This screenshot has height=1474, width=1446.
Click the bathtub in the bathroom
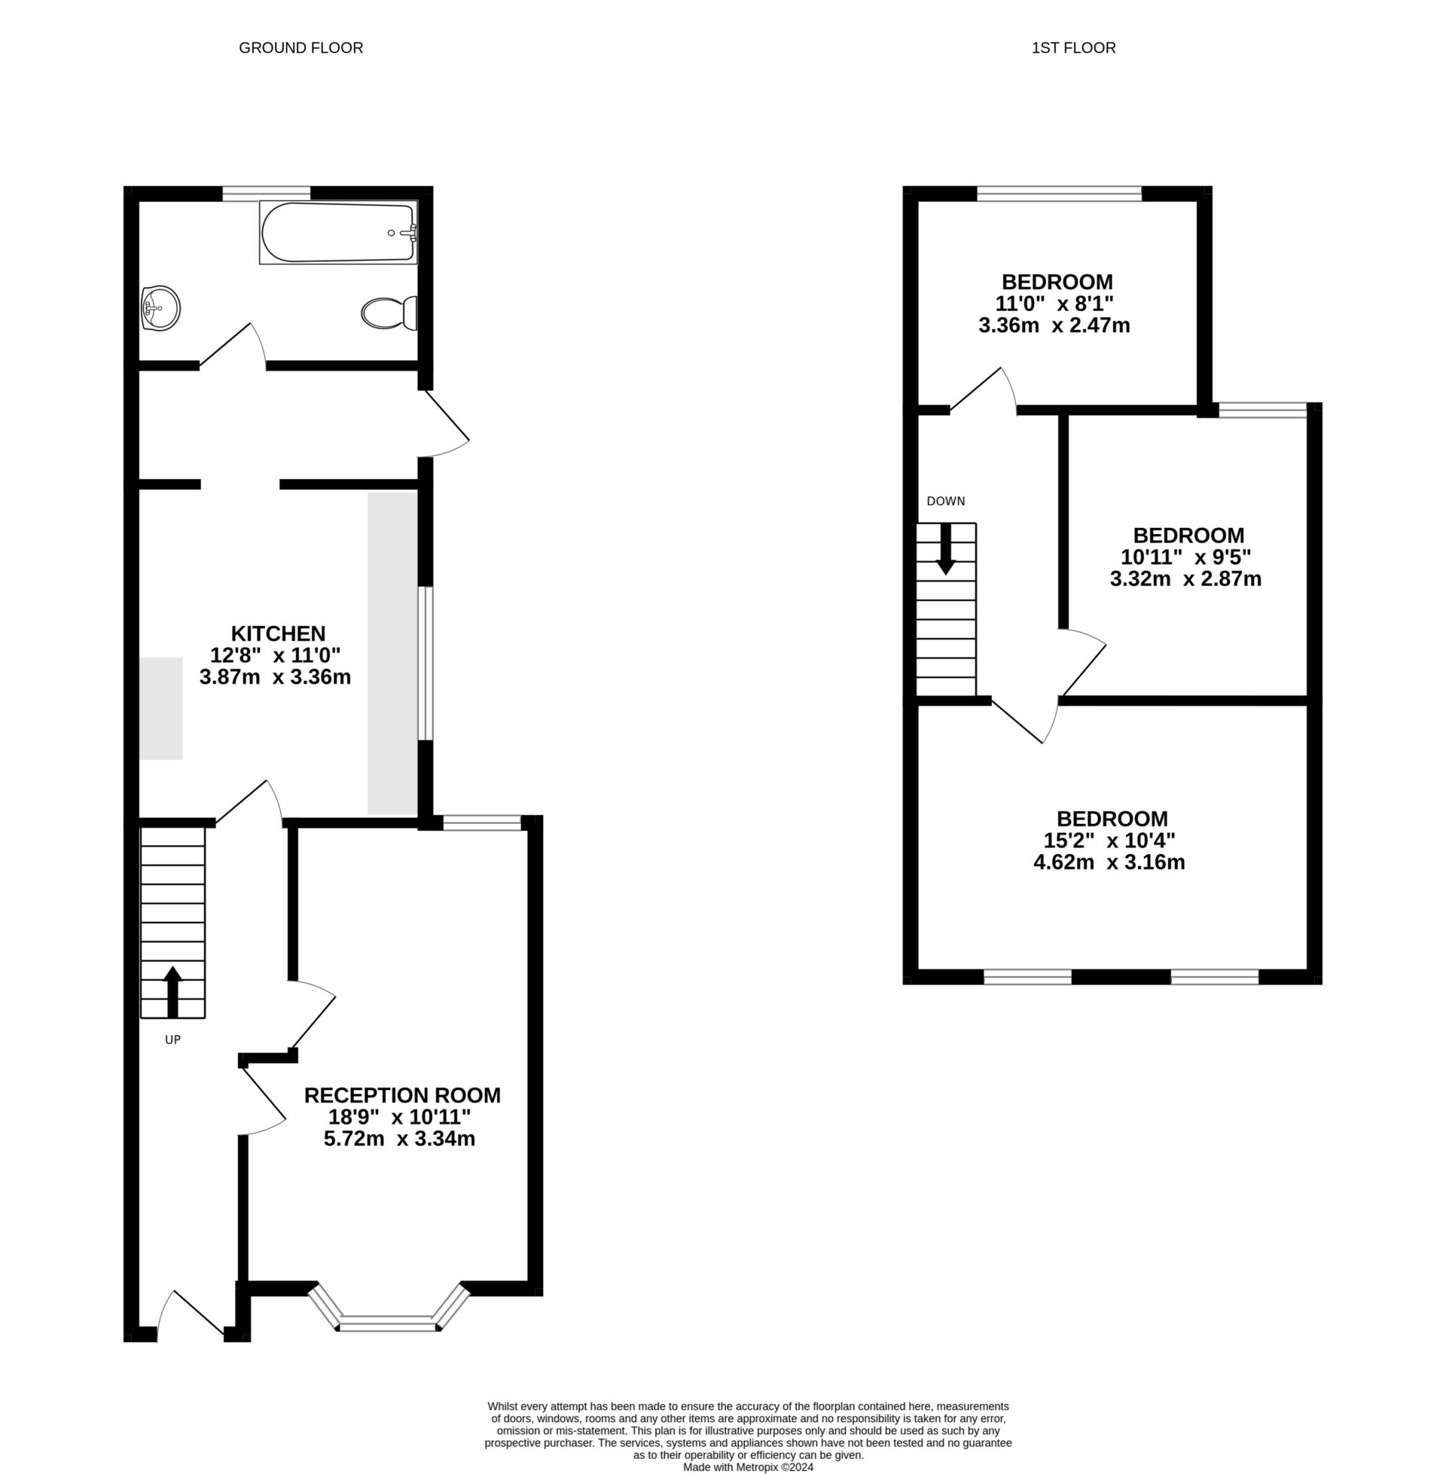coord(338,233)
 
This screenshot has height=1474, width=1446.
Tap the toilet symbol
coord(389,313)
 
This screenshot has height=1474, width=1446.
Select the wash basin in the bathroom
coord(160,308)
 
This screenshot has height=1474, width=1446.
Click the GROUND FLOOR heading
coord(300,48)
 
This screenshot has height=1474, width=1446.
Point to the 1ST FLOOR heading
coord(1073,48)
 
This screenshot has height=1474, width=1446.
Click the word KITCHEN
coord(278,633)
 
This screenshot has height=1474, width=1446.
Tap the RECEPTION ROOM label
coord(401,1095)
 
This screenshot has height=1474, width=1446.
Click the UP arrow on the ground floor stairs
coord(173,991)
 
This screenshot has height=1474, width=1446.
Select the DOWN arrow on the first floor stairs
coord(945,548)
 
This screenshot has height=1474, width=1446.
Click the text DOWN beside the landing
coord(945,501)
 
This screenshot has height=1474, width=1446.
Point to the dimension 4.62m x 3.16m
coord(1109,862)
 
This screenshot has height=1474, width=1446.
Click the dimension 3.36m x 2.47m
coord(1054,326)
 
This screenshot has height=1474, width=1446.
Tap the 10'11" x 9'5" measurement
coord(1185,557)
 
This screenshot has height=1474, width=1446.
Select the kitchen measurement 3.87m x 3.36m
coord(275,676)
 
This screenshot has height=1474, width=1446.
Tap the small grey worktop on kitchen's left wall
coord(160,708)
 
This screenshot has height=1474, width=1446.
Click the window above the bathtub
coord(267,193)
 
